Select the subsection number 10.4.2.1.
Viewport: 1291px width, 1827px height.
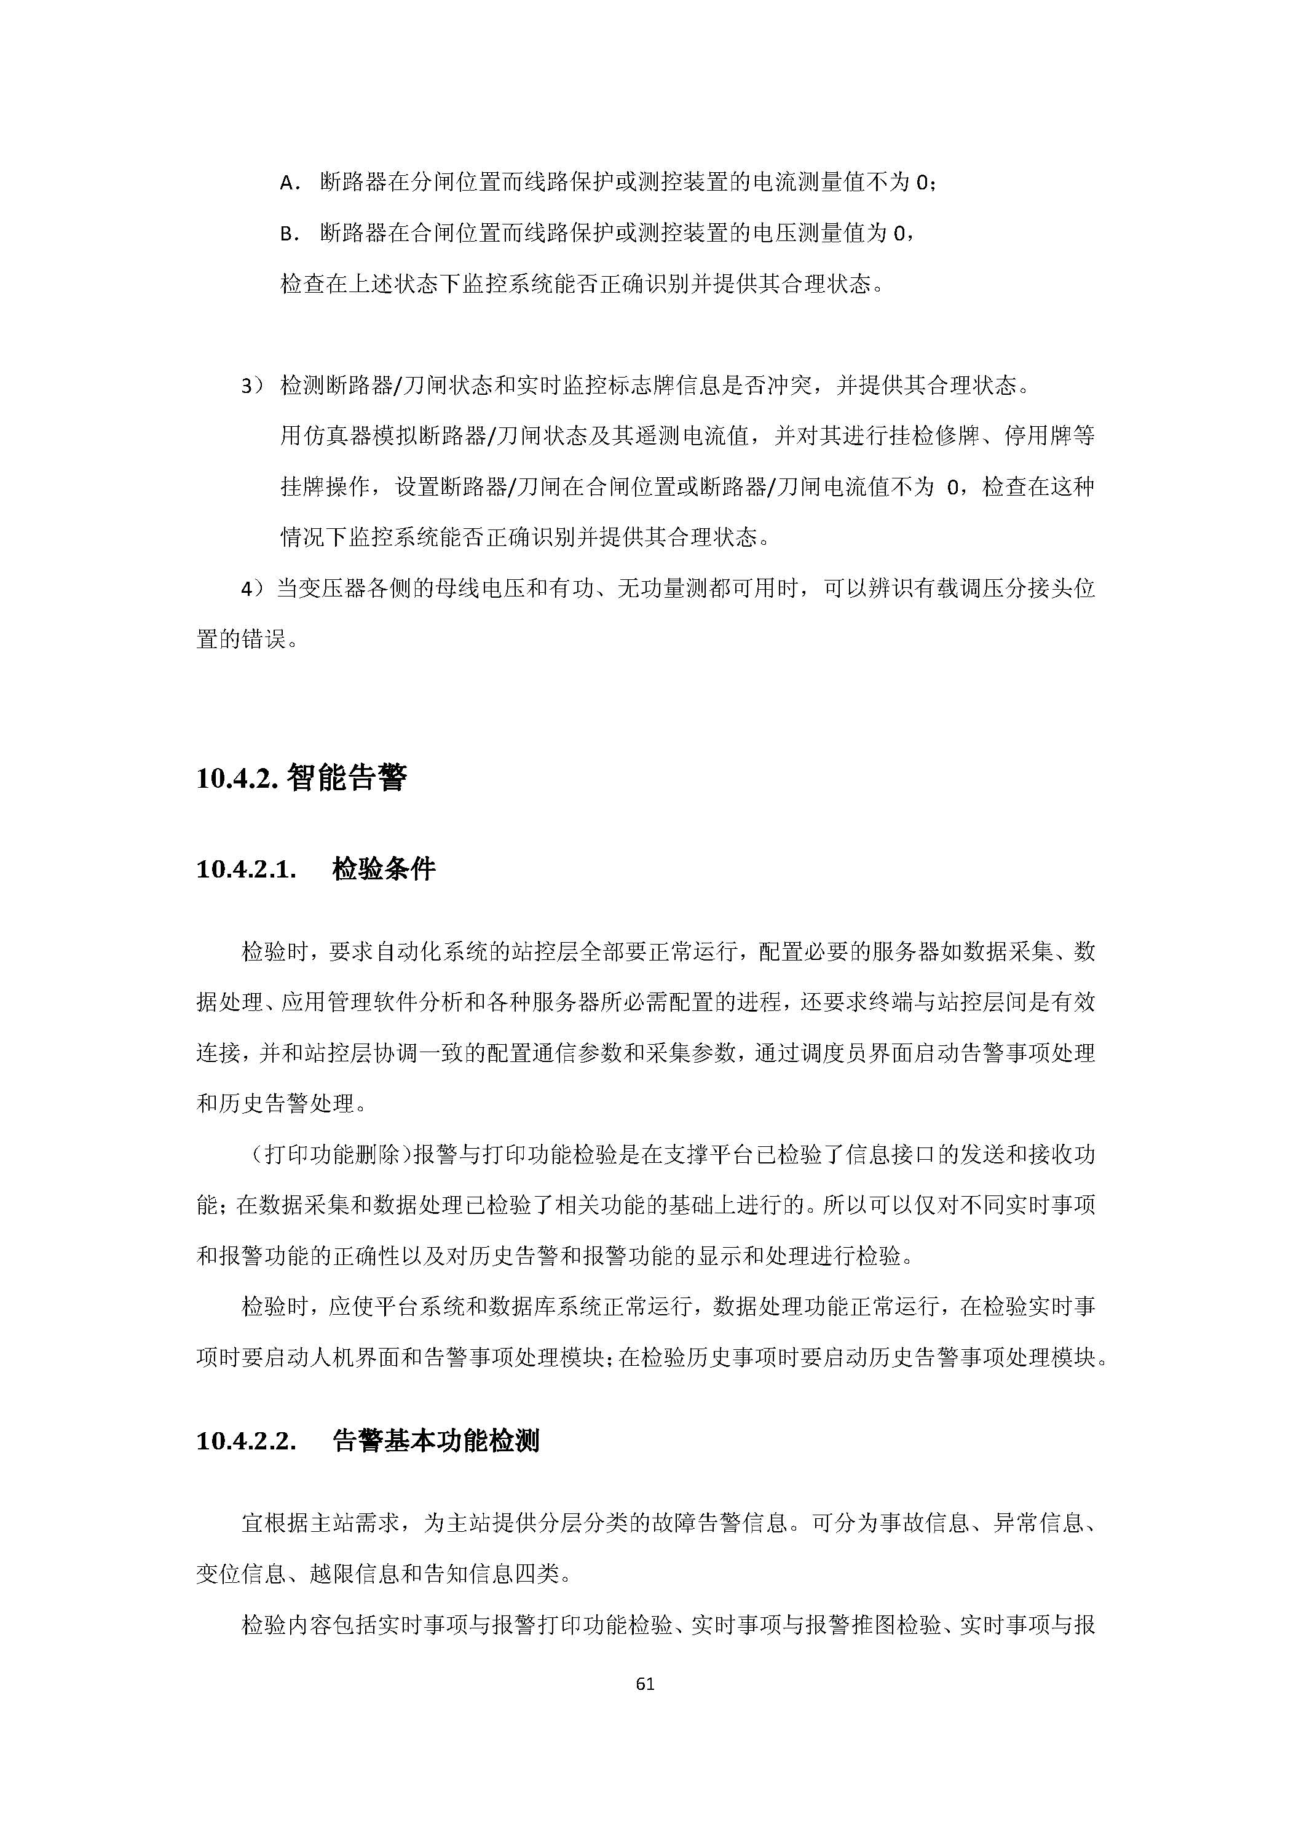(247, 870)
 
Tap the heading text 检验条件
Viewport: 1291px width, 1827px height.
(384, 870)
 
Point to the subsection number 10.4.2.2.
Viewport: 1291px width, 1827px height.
(247, 1441)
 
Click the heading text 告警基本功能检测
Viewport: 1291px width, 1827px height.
(436, 1441)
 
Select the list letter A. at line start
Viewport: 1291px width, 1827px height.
(290, 184)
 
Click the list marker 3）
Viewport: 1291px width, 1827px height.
(252, 387)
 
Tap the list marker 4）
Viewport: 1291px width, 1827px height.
(252, 590)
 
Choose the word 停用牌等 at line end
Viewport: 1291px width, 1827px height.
(1049, 437)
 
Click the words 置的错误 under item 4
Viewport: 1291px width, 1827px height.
(240, 640)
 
